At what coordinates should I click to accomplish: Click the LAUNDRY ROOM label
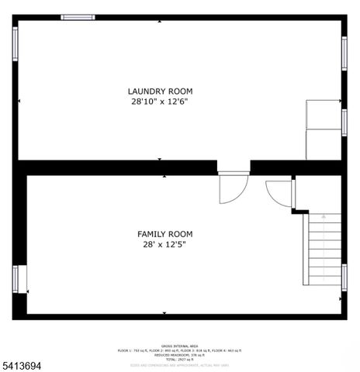[160, 91]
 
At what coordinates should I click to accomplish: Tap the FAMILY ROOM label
[164, 233]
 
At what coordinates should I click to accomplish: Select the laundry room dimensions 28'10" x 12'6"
[160, 102]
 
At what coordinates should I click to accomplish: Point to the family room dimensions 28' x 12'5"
[164, 244]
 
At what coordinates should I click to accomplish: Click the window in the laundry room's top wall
[78, 17]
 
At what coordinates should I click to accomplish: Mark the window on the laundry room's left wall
[15, 44]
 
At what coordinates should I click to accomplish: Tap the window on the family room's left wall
[16, 277]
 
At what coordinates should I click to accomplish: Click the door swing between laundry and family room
[232, 188]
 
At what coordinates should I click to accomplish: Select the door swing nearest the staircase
[280, 193]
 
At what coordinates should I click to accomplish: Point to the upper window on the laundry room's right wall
[344, 53]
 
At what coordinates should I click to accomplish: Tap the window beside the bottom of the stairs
[344, 277]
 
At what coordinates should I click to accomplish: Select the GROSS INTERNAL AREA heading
[178, 345]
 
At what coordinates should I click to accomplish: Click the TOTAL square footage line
[178, 360]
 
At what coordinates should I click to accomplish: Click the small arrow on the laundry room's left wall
[19, 101]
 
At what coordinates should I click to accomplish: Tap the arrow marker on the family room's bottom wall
[164, 313]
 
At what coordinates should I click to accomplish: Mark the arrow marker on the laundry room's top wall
[160, 21]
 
